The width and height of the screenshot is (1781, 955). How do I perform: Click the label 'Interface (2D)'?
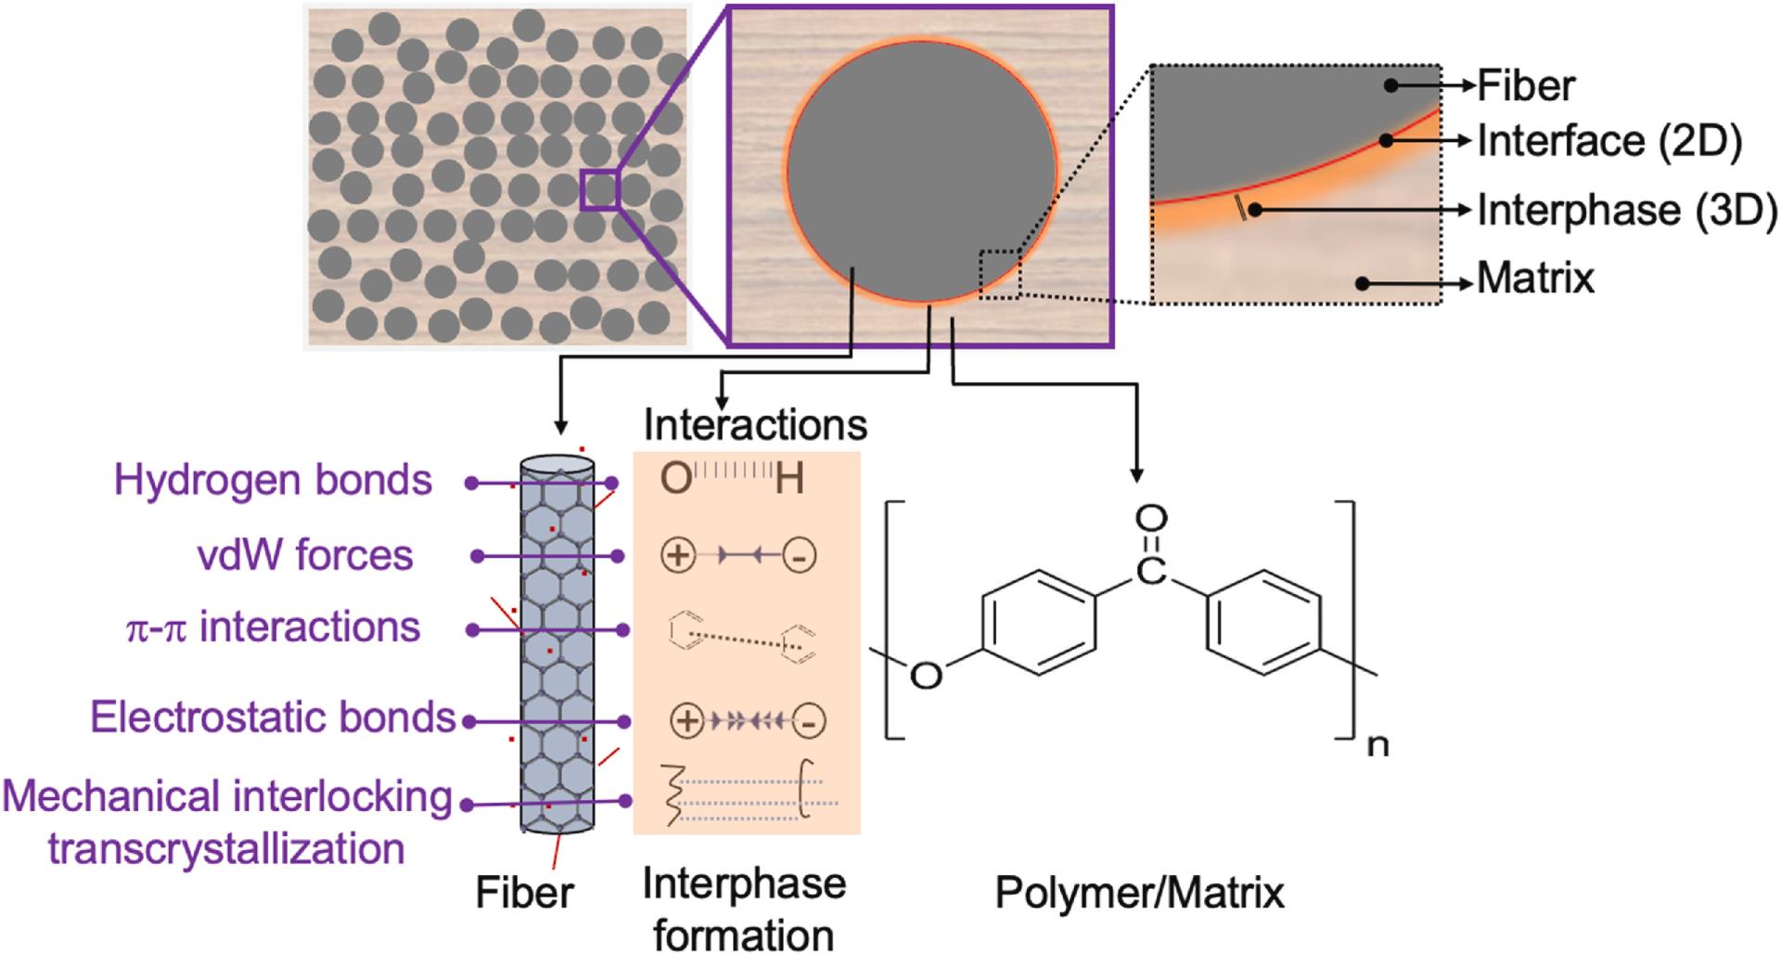coord(1608,142)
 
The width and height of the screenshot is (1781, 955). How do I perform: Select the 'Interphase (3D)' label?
coord(1626,211)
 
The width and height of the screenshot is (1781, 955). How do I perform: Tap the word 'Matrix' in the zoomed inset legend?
coord(1535,278)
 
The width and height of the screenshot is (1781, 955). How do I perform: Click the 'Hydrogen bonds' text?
coord(273,481)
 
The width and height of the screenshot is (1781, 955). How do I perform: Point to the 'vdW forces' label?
coord(305,555)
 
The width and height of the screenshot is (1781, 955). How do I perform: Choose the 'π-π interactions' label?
coord(273,627)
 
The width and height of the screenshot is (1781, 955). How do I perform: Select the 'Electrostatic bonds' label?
coord(273,717)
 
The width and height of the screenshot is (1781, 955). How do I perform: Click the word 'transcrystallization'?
coord(226,848)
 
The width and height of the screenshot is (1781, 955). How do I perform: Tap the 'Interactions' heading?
coord(755,425)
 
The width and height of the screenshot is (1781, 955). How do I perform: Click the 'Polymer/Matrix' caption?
coord(1139,893)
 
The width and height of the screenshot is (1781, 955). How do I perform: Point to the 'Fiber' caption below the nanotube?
coord(524,893)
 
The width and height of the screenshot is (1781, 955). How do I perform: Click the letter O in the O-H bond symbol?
coord(675,479)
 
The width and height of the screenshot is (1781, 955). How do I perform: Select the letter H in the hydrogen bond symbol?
coord(789,479)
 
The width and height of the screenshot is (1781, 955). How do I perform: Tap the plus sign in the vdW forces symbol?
coord(678,555)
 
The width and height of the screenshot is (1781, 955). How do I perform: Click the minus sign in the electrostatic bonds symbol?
coord(810,721)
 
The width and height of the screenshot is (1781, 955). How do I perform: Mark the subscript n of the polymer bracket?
coord(1378,744)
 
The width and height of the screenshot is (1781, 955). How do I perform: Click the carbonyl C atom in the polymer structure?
coord(1150,571)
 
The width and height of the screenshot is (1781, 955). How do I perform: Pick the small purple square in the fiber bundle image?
coord(600,190)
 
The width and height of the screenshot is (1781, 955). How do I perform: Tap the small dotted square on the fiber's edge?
coord(1000,275)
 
